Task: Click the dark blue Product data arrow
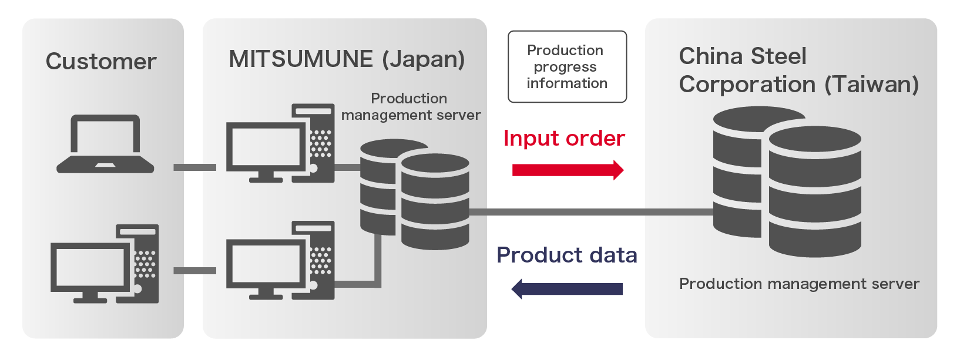coord(567,288)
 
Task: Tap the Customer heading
coord(101,62)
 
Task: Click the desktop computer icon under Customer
coord(105,264)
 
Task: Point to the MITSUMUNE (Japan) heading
coord(347,59)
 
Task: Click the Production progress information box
coord(567,67)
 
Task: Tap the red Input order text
coord(564,139)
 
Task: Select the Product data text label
coord(566,255)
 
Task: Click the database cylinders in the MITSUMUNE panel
coord(415,194)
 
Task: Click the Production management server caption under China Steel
coord(799,284)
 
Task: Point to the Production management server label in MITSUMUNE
coord(410,107)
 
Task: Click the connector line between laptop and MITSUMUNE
coord(194,167)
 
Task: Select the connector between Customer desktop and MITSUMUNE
coord(194,271)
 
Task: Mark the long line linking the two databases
coord(590,212)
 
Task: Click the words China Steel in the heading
coord(743,56)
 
